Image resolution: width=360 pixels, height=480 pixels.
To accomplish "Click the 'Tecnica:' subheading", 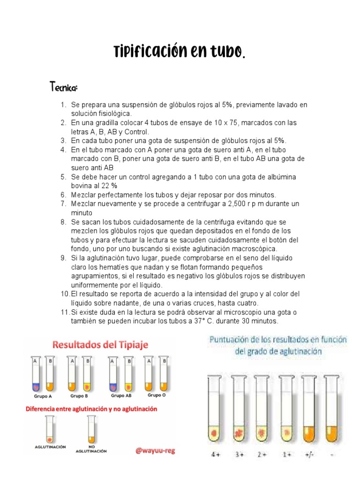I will coord(64,88).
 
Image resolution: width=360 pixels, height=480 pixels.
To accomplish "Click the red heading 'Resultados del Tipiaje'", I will coord(100,345).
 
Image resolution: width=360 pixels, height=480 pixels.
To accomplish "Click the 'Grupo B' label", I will coord(79,396).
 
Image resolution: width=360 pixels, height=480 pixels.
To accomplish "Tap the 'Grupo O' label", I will coord(157,395).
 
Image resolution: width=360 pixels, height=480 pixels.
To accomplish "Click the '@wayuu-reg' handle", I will coord(154,450).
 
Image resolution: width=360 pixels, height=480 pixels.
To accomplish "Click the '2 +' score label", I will coord(262,455).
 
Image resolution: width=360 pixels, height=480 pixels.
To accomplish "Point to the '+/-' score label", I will coord(310,455).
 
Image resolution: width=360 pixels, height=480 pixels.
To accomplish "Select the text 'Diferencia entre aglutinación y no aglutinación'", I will coord(91,409).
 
